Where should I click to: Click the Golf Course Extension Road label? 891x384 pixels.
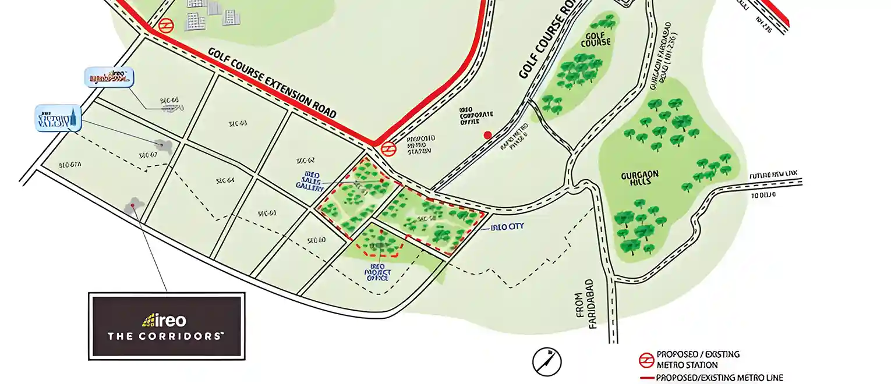(x=273, y=83)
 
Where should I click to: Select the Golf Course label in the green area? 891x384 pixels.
(x=595, y=39)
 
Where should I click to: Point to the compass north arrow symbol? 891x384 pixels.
(x=547, y=361)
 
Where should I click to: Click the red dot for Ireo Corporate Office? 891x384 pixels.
(x=488, y=135)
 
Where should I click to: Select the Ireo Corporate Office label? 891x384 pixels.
(x=476, y=115)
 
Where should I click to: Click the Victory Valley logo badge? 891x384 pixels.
(x=58, y=119)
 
